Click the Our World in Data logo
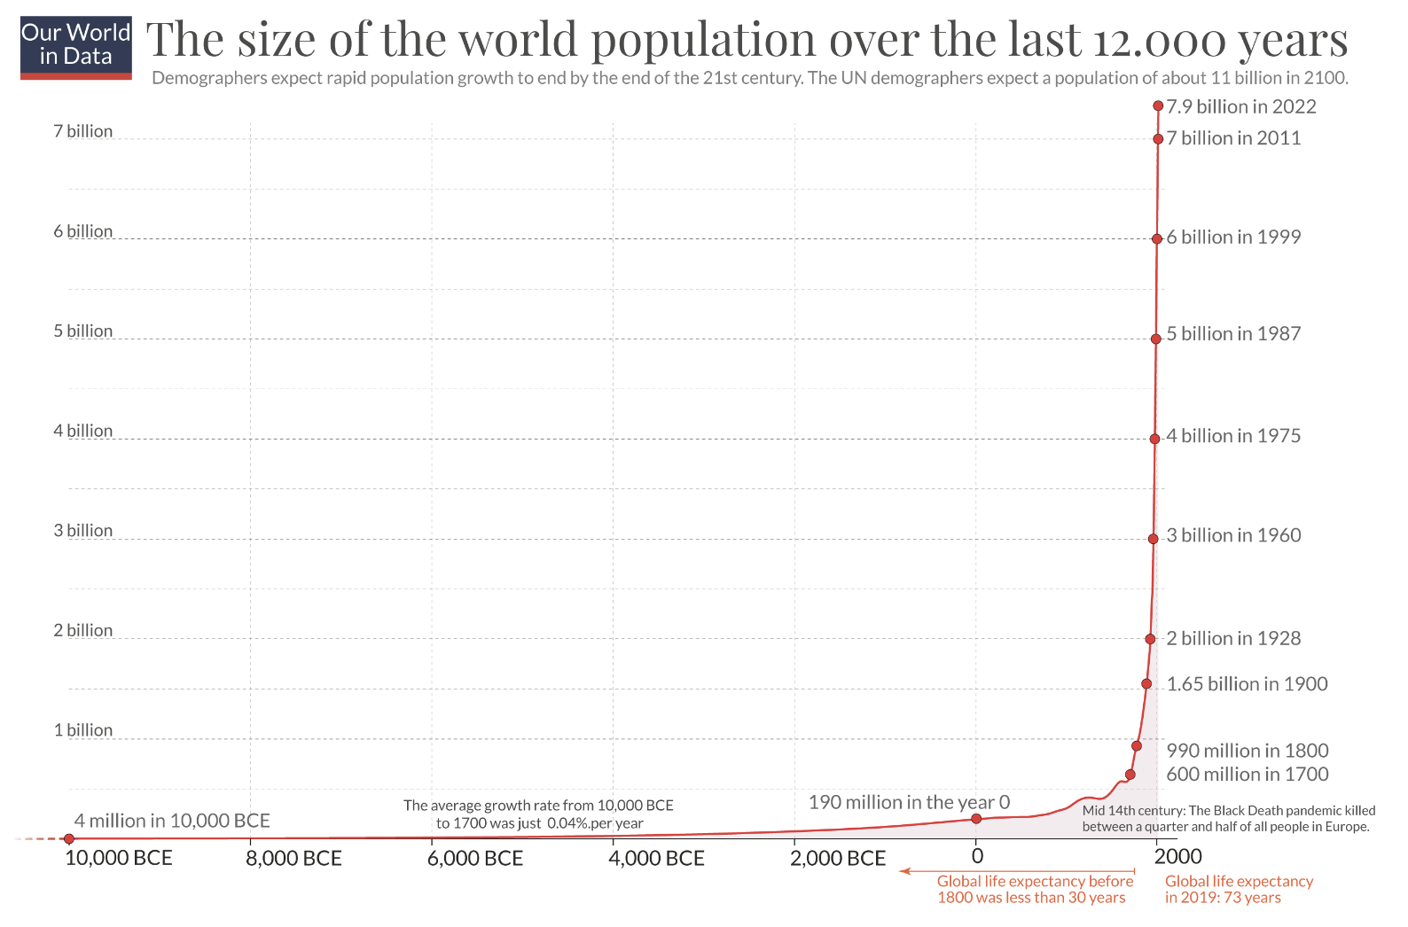(x=76, y=47)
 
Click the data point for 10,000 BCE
(x=69, y=838)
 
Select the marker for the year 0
(x=976, y=818)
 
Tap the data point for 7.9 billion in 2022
(x=1158, y=106)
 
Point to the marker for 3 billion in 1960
(x=1153, y=539)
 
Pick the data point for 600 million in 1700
(x=1130, y=775)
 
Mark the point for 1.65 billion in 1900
(x=1146, y=684)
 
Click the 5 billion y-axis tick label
(x=83, y=331)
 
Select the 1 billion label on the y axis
(x=83, y=730)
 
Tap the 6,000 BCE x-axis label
(x=475, y=858)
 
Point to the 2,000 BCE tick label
(x=838, y=858)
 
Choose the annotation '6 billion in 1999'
(x=1233, y=238)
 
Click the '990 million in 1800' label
(x=1247, y=751)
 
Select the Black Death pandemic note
(x=1228, y=819)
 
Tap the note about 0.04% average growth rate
(x=539, y=814)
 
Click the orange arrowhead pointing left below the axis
(x=905, y=871)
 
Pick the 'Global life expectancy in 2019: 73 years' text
(x=1239, y=889)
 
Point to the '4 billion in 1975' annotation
(x=1233, y=436)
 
